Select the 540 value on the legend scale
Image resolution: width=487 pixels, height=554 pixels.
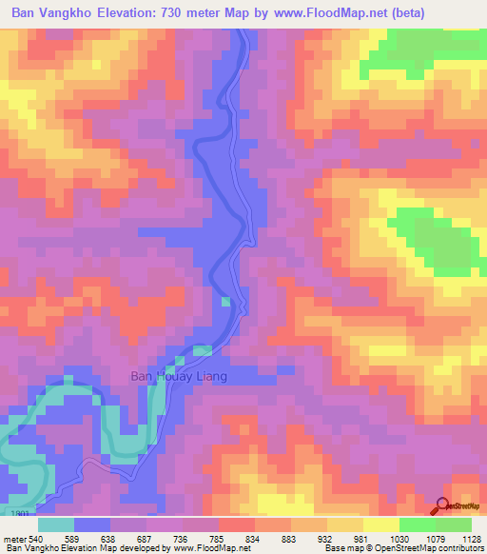tap(29, 539)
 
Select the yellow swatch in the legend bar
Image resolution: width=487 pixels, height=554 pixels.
tap(381, 524)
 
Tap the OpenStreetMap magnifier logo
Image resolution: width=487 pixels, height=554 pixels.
tap(441, 507)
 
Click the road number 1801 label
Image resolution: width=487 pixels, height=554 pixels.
tap(21, 512)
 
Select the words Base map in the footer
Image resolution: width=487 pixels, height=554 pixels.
tap(339, 548)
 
